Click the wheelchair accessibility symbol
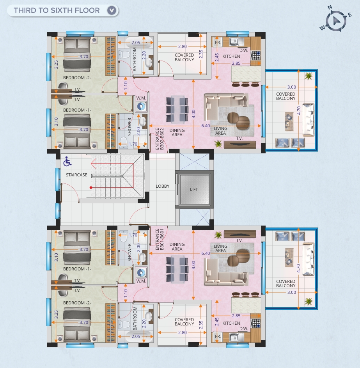pos(67,161)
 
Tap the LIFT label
pos(194,189)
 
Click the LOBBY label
pos(163,186)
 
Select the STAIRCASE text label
pos(76,175)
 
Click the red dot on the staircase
pos(91,188)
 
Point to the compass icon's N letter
pos(330,7)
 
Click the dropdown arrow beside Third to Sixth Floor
pos(112,10)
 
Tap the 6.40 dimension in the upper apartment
pos(206,126)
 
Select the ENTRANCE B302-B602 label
pos(160,139)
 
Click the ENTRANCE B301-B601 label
pos(160,239)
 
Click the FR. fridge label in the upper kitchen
pos(218,43)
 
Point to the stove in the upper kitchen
pos(256,56)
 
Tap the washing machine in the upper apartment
pos(141,106)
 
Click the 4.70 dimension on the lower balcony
pos(298,268)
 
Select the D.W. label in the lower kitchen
pos(244,329)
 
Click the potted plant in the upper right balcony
pos(309,76)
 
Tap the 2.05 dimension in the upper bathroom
pos(136,43)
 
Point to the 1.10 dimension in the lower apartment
pos(126,293)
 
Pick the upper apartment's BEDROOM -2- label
pos(77,78)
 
